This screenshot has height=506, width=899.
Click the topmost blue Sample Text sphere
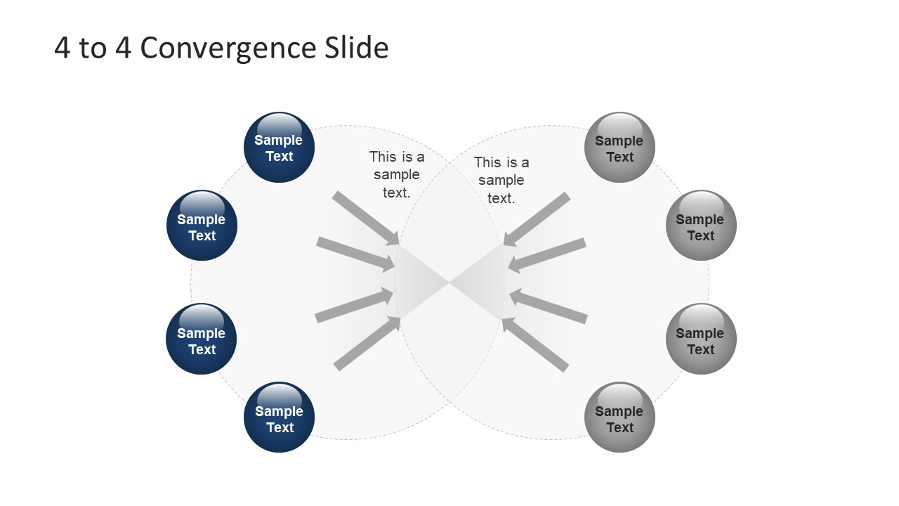(279, 148)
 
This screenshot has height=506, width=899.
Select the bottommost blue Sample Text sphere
(279, 417)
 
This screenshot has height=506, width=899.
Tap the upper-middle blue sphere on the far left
(202, 226)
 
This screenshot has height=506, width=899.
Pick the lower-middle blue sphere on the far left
(202, 339)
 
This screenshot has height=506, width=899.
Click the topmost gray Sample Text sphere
(619, 148)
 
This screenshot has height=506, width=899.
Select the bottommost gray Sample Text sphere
(619, 417)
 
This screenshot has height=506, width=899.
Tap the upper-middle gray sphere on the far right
(701, 226)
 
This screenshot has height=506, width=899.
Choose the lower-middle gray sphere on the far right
(701, 339)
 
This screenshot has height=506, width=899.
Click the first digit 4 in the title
(62, 48)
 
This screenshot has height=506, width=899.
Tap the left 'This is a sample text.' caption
(397, 174)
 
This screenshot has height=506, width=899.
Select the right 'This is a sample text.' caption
(501, 181)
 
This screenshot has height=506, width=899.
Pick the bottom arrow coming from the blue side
(365, 344)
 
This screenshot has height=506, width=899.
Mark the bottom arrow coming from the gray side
(535, 344)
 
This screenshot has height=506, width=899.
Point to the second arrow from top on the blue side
(355, 254)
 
